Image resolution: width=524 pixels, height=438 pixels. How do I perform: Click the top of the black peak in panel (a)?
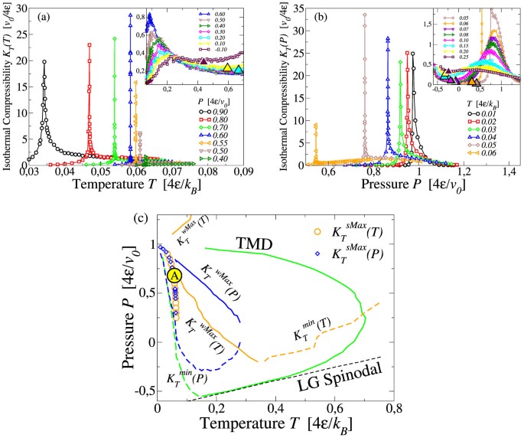coord(44,62)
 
